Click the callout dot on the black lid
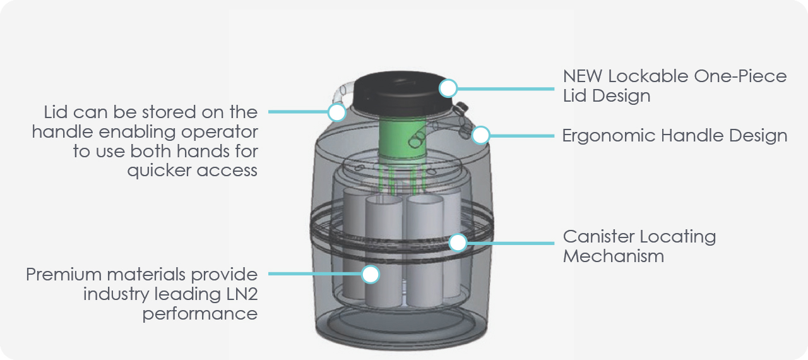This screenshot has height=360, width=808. [x=448, y=88]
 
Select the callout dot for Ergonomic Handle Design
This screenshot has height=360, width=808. [x=481, y=135]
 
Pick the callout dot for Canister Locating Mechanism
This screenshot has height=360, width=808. [x=458, y=242]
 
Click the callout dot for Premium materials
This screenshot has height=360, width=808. [x=371, y=273]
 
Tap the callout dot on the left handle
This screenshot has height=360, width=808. [x=337, y=112]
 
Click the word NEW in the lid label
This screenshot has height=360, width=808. [x=583, y=76]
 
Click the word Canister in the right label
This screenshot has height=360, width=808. [x=598, y=237]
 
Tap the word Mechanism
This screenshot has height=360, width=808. [x=613, y=256]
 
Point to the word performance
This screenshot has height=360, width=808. [x=199, y=314]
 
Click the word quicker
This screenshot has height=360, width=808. [x=161, y=171]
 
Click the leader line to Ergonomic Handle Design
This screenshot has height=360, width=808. [x=521, y=135]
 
